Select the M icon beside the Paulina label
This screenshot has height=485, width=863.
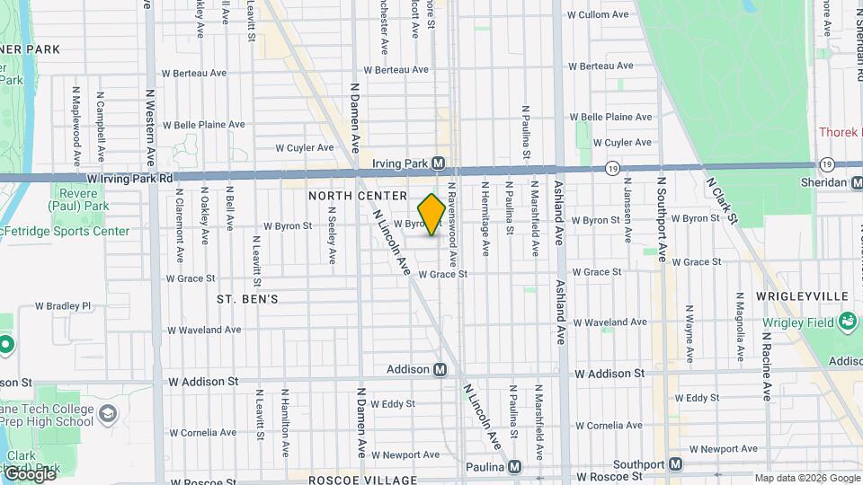point(514,467)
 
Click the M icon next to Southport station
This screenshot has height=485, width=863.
point(676,464)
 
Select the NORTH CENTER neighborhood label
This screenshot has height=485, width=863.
point(351,195)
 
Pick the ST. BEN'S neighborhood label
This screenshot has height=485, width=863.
point(247,298)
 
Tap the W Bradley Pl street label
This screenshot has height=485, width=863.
point(63,306)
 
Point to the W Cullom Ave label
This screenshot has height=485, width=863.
point(598,15)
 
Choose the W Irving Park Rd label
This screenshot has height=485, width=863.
point(136,179)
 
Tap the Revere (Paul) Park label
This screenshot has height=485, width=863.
point(79,203)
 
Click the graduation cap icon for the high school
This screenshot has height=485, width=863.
point(108,413)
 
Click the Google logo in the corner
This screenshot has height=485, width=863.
point(29,473)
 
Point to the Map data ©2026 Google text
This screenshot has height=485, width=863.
point(807,478)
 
